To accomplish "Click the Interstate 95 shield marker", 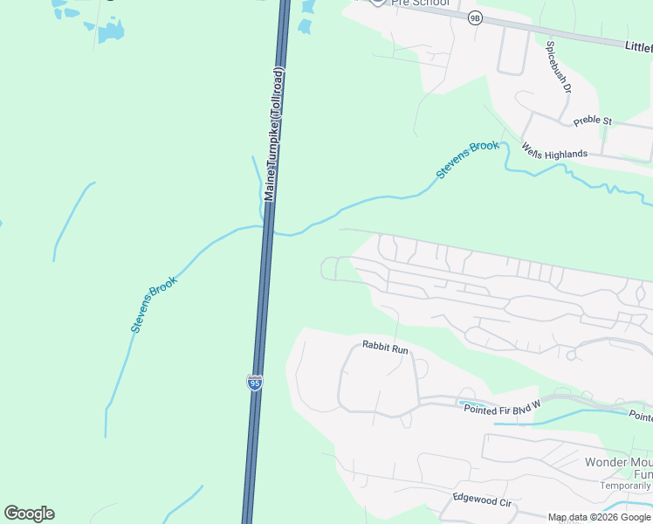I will point(255,383).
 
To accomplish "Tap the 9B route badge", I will point(474,17).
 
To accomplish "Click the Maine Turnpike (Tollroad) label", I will point(274,134).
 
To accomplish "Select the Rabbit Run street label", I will point(385,348).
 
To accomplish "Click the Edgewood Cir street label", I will point(481,500).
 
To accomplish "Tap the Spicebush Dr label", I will point(559,66).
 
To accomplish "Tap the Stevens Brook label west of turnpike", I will point(154,304).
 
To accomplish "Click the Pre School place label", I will point(421,3).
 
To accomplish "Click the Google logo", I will point(29,514).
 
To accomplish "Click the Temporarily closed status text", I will point(625,486).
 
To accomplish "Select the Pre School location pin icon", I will point(376,3).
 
